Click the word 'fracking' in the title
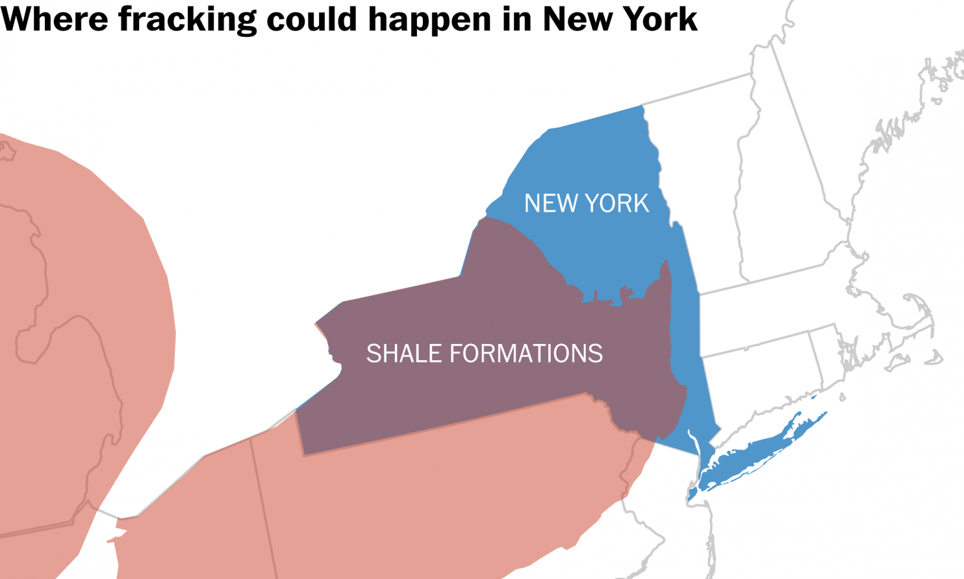(187, 19)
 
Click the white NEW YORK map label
(586, 204)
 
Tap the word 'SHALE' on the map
(404, 354)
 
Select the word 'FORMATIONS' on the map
(526, 354)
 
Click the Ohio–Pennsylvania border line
(263, 500)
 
